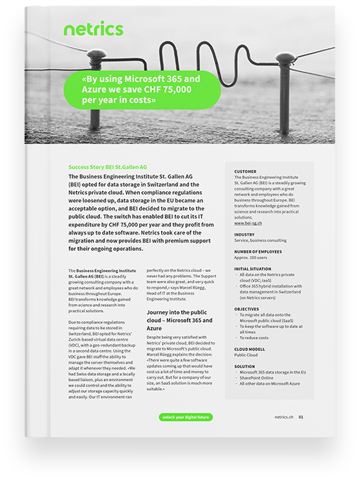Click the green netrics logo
click(x=93, y=29)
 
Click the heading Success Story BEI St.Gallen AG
click(x=107, y=166)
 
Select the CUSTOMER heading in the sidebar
click(x=245, y=171)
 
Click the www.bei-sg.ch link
click(x=248, y=223)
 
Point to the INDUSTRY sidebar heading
click(x=244, y=234)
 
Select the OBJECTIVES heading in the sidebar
click(x=246, y=309)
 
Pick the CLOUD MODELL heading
click(x=250, y=349)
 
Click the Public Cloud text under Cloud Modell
click(x=246, y=356)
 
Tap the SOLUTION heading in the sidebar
click(x=245, y=367)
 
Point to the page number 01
click(x=301, y=417)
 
